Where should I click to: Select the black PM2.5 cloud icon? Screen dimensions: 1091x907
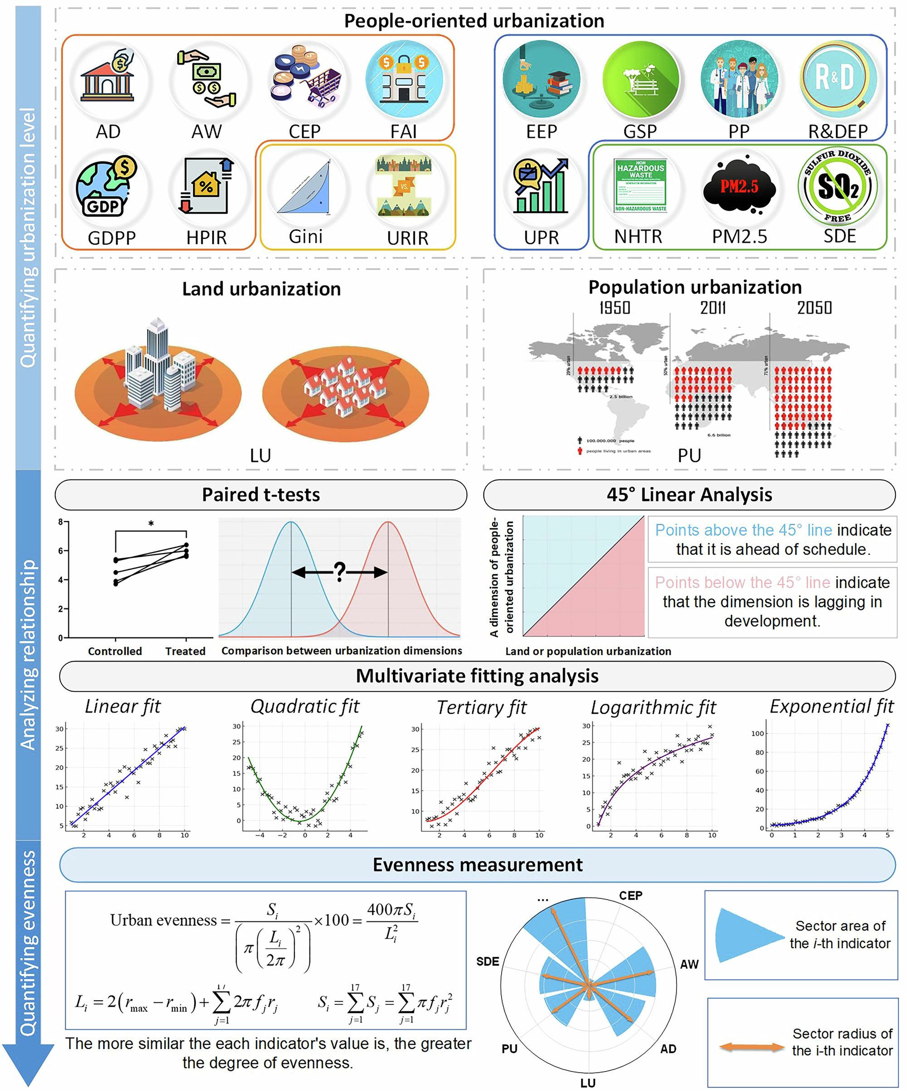[739, 187]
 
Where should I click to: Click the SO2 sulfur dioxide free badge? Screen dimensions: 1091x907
[838, 186]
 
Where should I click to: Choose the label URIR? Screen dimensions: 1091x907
[407, 238]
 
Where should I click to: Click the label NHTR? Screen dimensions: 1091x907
[638, 237]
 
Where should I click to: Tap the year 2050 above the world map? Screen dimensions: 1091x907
[814, 307]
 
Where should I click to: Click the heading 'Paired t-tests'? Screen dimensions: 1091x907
[261, 494]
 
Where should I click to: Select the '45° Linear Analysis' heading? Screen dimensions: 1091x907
[689, 494]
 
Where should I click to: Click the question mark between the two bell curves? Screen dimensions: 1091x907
[339, 571]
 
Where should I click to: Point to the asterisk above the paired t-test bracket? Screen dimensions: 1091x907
[151, 524]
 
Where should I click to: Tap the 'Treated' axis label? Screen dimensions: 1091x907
[185, 651]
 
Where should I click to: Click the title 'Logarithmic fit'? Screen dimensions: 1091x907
[653, 707]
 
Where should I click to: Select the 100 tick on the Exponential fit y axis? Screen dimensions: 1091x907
[757, 734]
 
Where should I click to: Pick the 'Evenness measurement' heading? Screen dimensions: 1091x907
[478, 864]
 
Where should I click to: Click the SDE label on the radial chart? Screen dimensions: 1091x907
[487, 962]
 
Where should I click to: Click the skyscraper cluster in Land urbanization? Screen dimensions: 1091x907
[158, 369]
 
